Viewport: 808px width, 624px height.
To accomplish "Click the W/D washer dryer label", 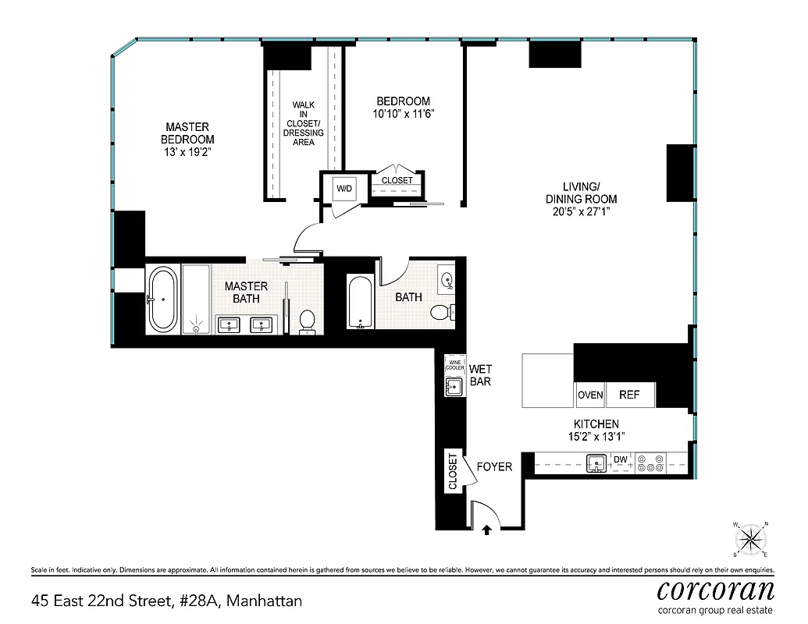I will [344, 188].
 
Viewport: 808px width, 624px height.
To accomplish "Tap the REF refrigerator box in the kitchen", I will [629, 395].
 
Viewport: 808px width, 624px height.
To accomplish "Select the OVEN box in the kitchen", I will [590, 395].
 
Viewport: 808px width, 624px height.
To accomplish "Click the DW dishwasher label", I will [621, 459].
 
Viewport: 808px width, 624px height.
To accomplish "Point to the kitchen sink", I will [597, 463].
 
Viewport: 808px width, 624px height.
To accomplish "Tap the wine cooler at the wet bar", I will [454, 364].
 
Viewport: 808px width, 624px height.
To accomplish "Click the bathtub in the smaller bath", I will [360, 302].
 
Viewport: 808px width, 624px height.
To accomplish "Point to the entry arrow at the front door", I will [487, 530].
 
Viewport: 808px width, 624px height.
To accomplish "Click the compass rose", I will [750, 538].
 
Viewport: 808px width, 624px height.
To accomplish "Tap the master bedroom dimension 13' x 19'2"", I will [187, 152].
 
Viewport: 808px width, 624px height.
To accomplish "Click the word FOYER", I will [494, 466].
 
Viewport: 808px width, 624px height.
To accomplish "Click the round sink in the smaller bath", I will [448, 279].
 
